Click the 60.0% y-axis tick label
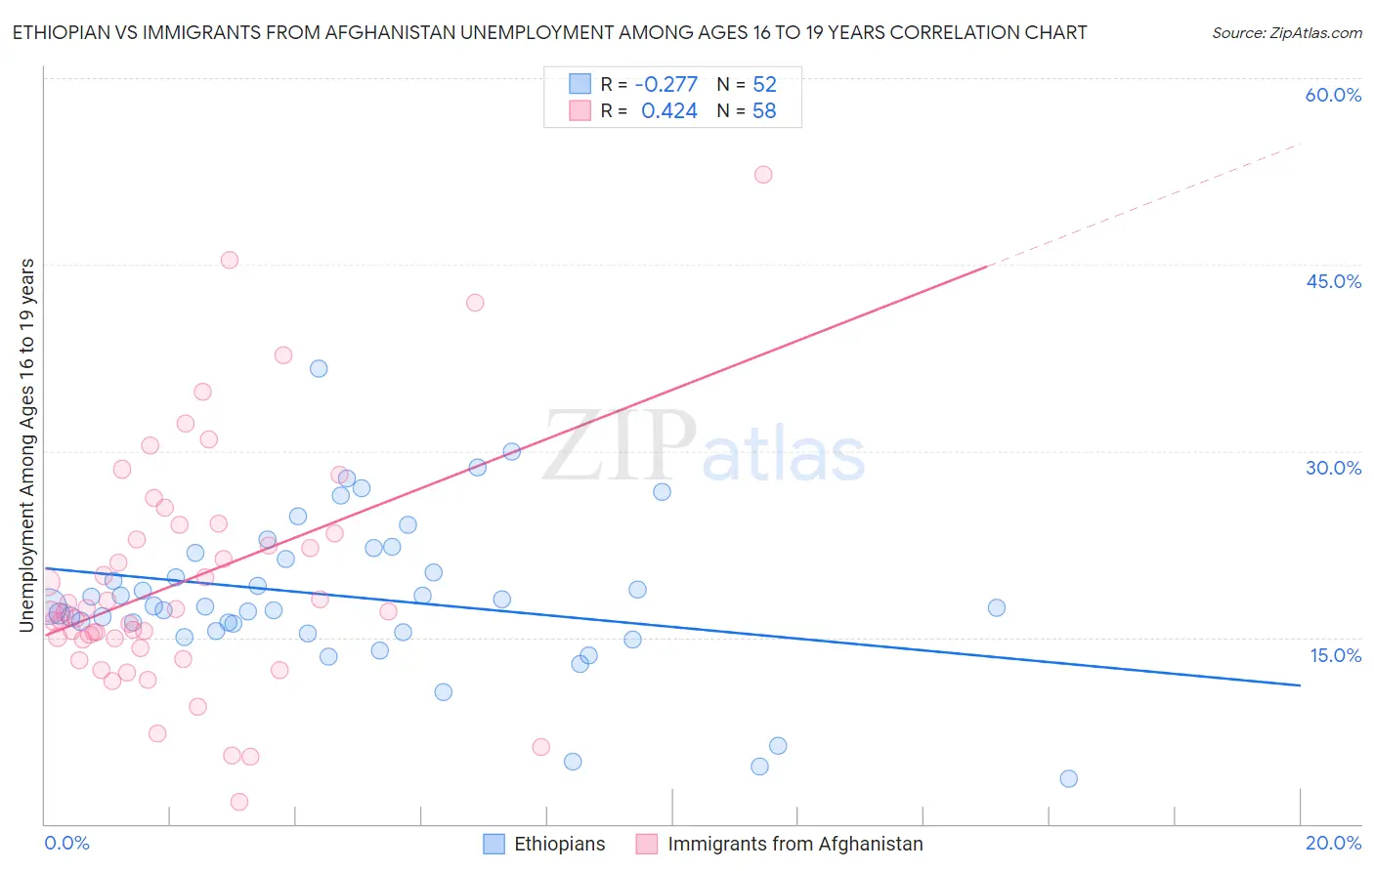pos(1333,95)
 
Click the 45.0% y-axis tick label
pos(1333,281)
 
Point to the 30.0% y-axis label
pos(1333,468)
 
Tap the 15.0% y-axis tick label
pos(1335,655)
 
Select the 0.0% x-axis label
pos(66,843)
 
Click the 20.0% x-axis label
pos(1333,843)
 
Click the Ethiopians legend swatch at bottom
pos(494,844)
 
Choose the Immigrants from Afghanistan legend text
pos(794,844)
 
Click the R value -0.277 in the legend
pos(666,84)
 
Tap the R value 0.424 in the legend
pos(668,111)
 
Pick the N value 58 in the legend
pos(764,111)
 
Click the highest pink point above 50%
pos(763,175)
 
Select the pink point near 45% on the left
pos(230,260)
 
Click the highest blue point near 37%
pos(319,368)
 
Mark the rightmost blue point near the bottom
pos(1068,778)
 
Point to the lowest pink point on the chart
pos(239,802)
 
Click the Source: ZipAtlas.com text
pos(1286,33)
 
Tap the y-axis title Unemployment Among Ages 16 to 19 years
pos(27,444)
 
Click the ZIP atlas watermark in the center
pos(704,447)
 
